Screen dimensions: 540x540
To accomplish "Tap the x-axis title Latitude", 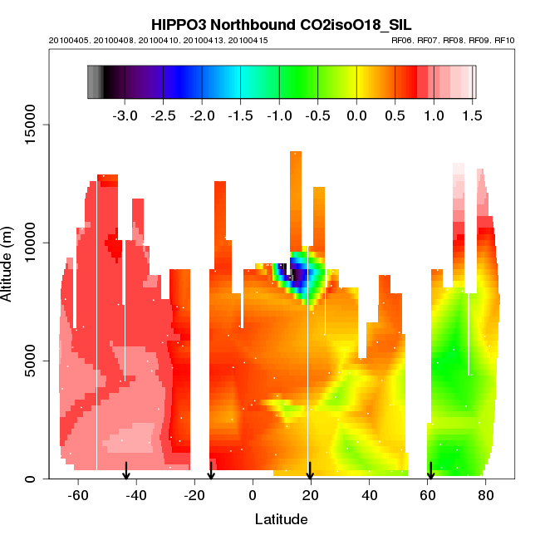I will (x=281, y=519).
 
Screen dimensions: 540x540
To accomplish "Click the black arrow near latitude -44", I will (x=125, y=471).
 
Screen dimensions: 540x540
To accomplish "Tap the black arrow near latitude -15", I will (x=211, y=471).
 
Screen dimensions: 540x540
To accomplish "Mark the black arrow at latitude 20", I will (x=310, y=471).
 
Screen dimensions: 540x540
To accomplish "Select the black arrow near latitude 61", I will (x=430, y=471).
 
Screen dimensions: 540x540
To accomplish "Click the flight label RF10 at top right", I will (x=505, y=40).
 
